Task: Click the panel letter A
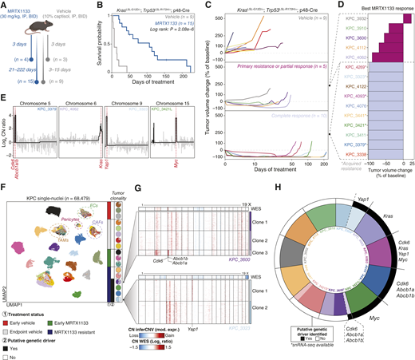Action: pos(5,6)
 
